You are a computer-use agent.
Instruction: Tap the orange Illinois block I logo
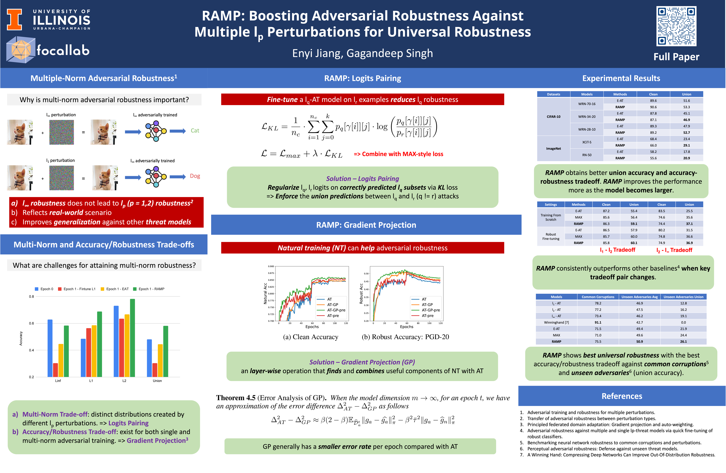(14, 20)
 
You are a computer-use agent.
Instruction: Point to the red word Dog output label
(195, 176)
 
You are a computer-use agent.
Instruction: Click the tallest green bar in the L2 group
(132, 338)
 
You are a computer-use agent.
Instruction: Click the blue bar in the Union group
(149, 358)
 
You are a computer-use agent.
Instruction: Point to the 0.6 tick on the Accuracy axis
(31, 323)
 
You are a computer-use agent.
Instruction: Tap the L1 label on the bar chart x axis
(91, 381)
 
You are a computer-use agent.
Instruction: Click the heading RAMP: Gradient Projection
(366, 225)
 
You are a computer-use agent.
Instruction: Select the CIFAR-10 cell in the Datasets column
(553, 117)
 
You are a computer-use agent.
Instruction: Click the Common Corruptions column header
(598, 297)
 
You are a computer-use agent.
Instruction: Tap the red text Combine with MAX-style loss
(398, 154)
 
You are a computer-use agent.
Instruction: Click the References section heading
(622, 396)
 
